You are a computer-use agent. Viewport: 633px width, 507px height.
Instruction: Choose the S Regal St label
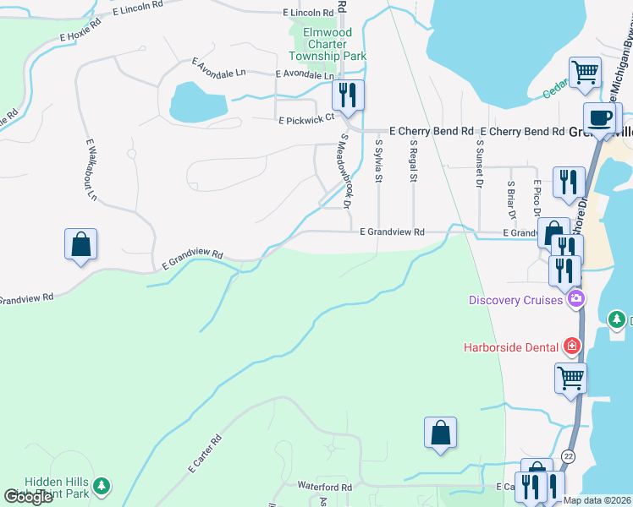414,161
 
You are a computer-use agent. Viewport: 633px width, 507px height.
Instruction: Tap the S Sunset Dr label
479,164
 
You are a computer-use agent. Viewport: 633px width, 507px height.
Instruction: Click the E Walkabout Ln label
91,170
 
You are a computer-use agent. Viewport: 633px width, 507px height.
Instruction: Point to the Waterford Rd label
324,487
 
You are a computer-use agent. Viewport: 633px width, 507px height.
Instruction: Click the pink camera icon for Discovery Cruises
576,298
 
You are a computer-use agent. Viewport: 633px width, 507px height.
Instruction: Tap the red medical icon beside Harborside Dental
572,346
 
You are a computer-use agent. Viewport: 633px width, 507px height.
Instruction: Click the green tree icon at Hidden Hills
102,486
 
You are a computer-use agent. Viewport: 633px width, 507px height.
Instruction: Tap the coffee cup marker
602,117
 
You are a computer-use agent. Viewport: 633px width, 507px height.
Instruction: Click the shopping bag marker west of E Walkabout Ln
80,244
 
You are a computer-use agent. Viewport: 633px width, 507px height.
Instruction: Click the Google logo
28,497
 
